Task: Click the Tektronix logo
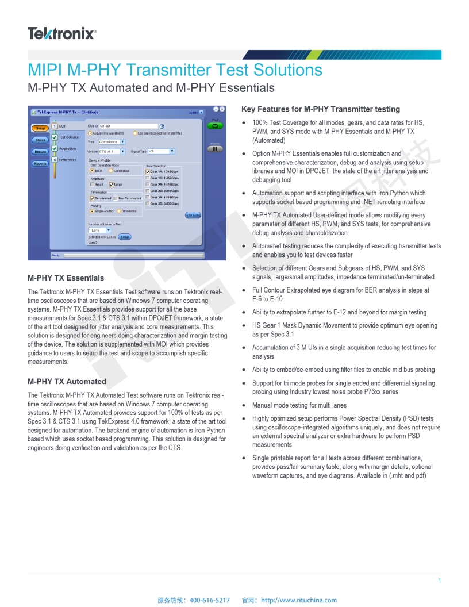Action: coord(61,34)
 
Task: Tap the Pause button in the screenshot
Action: coord(215,148)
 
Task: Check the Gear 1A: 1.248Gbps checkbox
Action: coord(148,171)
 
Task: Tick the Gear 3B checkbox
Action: coord(148,203)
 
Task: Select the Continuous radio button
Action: coord(111,171)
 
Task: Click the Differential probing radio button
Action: coord(119,211)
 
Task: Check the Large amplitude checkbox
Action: coord(111,185)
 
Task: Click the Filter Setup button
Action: coord(193,215)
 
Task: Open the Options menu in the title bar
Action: coord(196,113)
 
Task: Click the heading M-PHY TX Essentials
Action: coord(66,278)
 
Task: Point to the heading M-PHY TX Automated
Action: coord(67,381)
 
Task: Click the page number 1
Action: coord(440,581)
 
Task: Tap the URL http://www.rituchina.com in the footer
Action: coord(299,600)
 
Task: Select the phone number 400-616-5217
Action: coord(209,600)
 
